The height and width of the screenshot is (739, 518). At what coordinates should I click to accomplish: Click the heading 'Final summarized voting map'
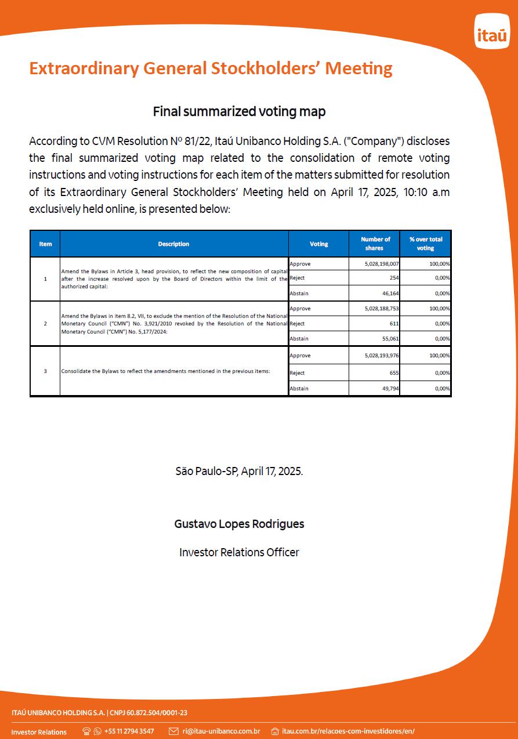239,111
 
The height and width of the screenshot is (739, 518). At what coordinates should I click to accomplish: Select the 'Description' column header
173,244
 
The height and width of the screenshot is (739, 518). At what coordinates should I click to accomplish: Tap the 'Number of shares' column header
375,244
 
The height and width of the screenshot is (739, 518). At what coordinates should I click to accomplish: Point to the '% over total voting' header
425,244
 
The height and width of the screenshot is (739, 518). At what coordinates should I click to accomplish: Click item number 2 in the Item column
45,323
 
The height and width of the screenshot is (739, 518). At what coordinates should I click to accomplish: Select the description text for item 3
165,371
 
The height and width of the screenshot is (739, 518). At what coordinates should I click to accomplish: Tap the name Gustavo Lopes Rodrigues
239,524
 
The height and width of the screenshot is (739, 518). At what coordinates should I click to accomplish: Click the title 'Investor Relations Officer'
239,553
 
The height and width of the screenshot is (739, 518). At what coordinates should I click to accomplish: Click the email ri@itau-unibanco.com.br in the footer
221,731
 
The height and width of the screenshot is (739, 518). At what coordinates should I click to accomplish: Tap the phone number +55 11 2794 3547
129,731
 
